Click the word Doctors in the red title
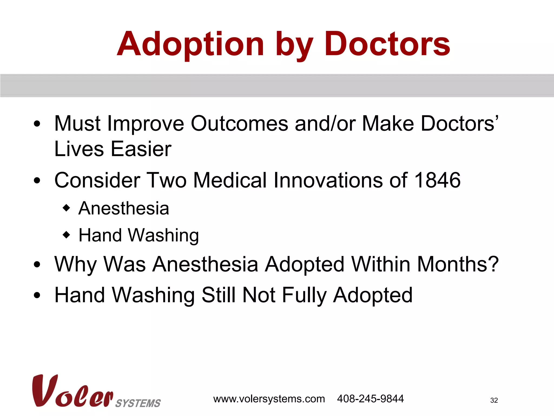[387, 44]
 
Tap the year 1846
[437, 180]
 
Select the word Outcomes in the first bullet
[240, 124]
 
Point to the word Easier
[141, 149]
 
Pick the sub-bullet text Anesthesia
[124, 208]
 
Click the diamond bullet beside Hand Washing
[66, 235]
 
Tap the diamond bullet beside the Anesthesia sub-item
[66, 208]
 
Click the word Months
[458, 264]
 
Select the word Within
[381, 264]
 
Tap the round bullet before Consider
[37, 181]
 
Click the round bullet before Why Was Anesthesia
[37, 265]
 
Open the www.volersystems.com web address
[269, 399]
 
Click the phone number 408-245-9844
[370, 399]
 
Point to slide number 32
[494, 400]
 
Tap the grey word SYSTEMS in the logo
[138, 403]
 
